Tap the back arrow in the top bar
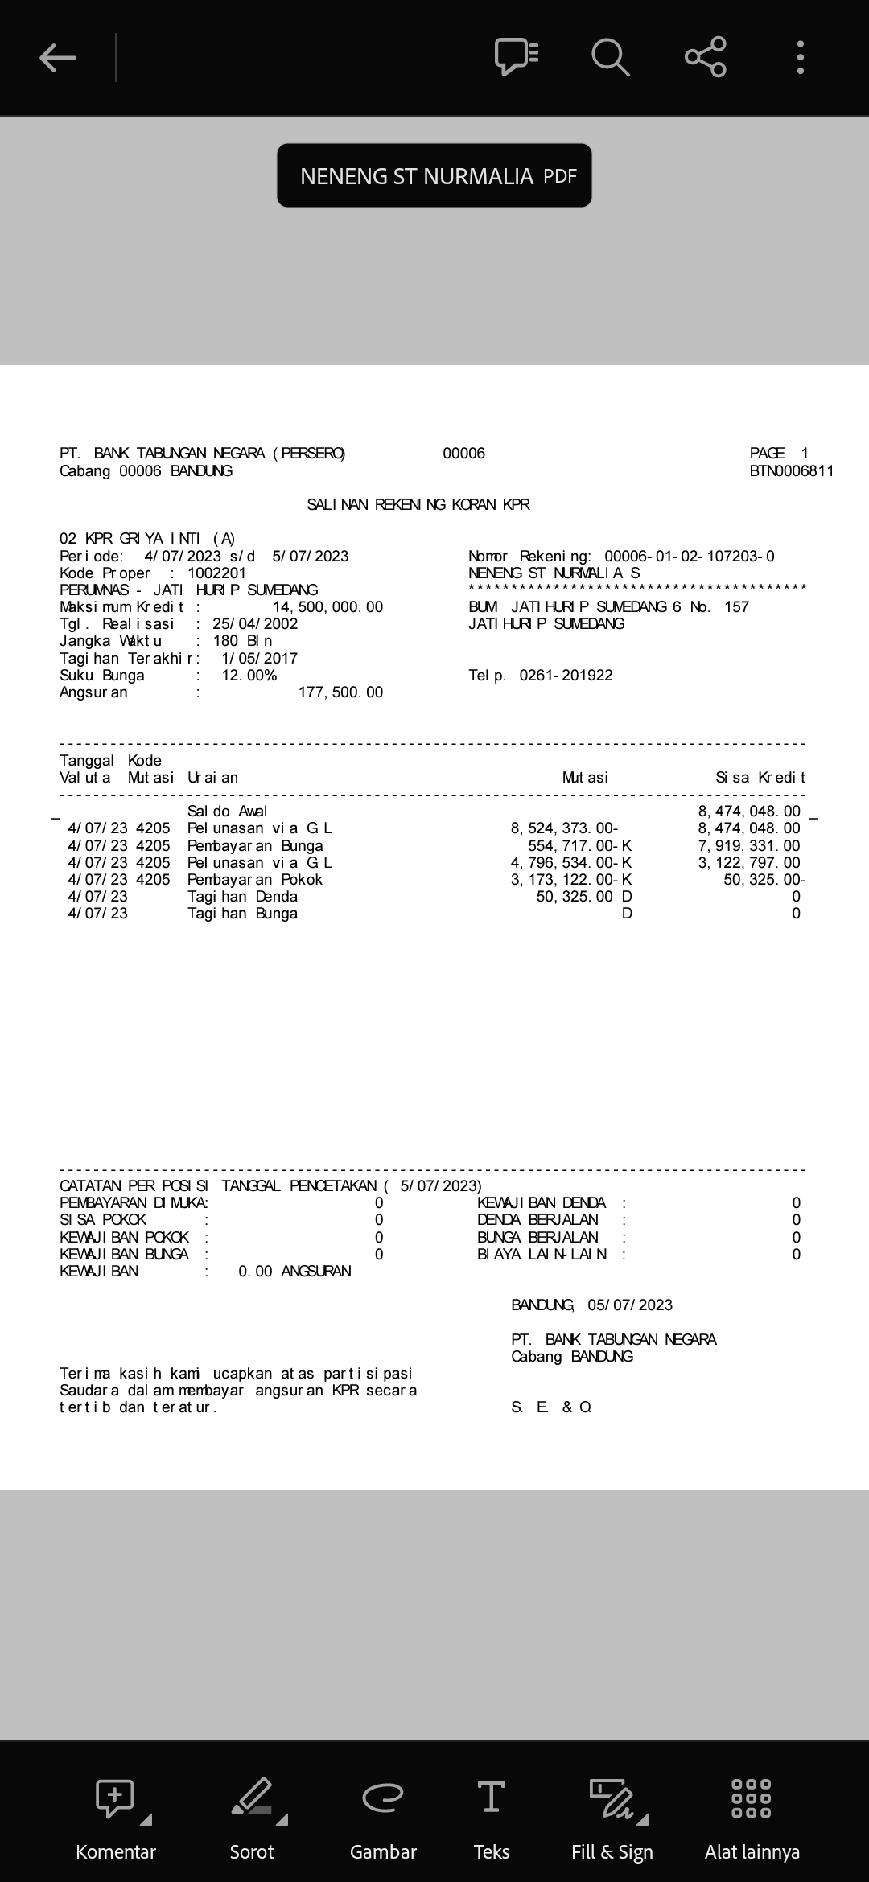pos(58,58)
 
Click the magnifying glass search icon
pos(610,58)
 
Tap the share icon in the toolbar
pos(705,57)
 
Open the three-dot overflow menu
pos(800,58)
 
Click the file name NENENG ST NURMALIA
pos(417,176)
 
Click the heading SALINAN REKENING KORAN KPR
pos(418,505)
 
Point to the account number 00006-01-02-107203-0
pos(690,557)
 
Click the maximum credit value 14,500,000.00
pos(328,607)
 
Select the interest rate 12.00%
pos(249,676)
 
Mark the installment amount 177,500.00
pos(340,692)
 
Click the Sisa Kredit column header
pos(760,778)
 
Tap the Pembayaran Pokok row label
pos(255,880)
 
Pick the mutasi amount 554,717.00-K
pos(579,846)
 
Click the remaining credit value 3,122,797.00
pos(749,863)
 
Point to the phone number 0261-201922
pos(566,676)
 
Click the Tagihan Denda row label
pos(242,897)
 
